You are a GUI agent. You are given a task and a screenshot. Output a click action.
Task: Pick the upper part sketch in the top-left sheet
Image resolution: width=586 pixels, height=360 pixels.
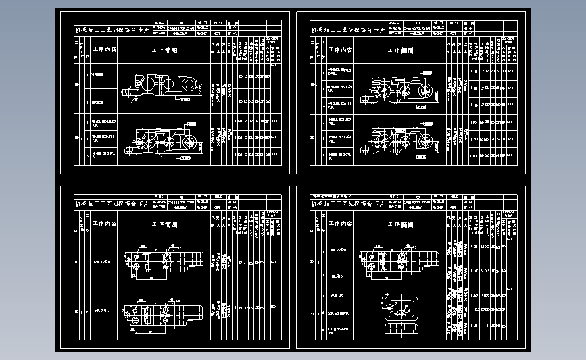(x=162, y=86)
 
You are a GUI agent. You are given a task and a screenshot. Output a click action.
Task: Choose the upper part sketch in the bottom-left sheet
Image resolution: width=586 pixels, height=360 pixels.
(x=163, y=261)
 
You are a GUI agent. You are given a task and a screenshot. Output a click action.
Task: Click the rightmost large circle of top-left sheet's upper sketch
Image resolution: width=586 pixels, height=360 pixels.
(x=189, y=84)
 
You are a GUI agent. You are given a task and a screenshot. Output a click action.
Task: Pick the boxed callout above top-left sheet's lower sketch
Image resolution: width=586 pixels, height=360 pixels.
(x=191, y=124)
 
